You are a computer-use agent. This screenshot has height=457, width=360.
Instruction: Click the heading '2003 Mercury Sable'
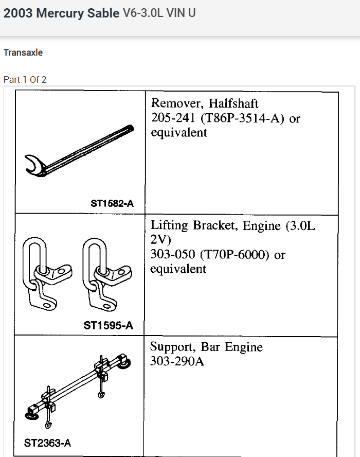point(61,13)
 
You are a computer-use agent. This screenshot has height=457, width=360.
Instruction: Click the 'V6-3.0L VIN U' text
point(159,13)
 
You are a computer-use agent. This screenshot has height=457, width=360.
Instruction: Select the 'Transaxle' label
point(23,52)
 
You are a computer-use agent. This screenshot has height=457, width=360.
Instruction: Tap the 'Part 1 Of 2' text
point(25,79)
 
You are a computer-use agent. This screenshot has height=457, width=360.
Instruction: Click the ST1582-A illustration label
point(112,204)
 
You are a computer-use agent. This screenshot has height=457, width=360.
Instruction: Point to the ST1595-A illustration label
point(108,325)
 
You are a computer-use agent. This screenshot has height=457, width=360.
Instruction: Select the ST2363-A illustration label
point(47,443)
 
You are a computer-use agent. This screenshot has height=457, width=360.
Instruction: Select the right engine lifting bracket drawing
point(103,273)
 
